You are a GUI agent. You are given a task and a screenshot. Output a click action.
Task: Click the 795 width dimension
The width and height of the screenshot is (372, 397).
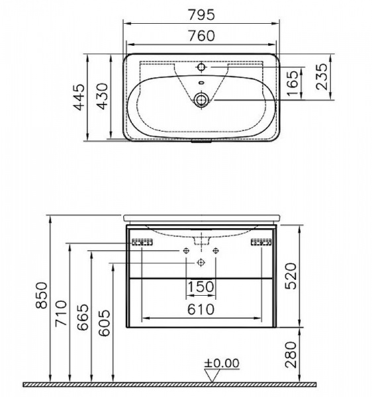[x=202, y=15]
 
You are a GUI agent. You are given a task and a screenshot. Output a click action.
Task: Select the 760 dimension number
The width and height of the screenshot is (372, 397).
[x=202, y=36]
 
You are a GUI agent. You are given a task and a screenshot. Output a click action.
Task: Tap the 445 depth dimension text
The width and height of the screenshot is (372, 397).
[x=79, y=97]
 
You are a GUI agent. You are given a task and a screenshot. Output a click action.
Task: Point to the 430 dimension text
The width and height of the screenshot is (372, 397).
[x=103, y=96]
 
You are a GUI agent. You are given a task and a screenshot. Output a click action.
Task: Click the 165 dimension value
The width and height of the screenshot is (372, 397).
[x=293, y=83]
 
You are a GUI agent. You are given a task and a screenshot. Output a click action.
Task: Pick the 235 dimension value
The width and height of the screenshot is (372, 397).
[x=322, y=77]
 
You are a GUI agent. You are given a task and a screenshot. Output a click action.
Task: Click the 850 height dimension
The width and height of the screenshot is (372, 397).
[x=41, y=295]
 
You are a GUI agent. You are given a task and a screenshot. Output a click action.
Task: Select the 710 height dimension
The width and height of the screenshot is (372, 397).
[x=62, y=313]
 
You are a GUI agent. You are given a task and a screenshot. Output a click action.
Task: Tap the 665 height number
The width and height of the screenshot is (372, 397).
[x=83, y=317]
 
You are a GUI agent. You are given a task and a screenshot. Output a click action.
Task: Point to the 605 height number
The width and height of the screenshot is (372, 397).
[x=105, y=323]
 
